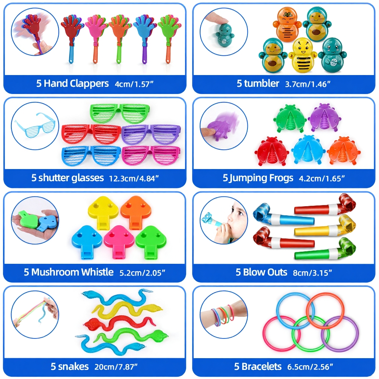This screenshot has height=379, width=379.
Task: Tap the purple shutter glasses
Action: coord(151,135)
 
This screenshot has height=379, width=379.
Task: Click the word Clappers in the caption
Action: coord(89,84)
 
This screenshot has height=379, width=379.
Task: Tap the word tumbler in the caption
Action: coord(262,84)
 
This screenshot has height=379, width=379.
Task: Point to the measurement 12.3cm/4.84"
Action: coord(134,179)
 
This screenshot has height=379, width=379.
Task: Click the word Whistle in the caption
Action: coord(97,272)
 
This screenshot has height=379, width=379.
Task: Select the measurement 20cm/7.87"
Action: coord(116,366)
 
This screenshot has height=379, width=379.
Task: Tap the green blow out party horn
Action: coord(325,249)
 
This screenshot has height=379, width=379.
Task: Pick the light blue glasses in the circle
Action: coord(35,125)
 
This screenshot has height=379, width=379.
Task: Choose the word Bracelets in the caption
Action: coord(262,366)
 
